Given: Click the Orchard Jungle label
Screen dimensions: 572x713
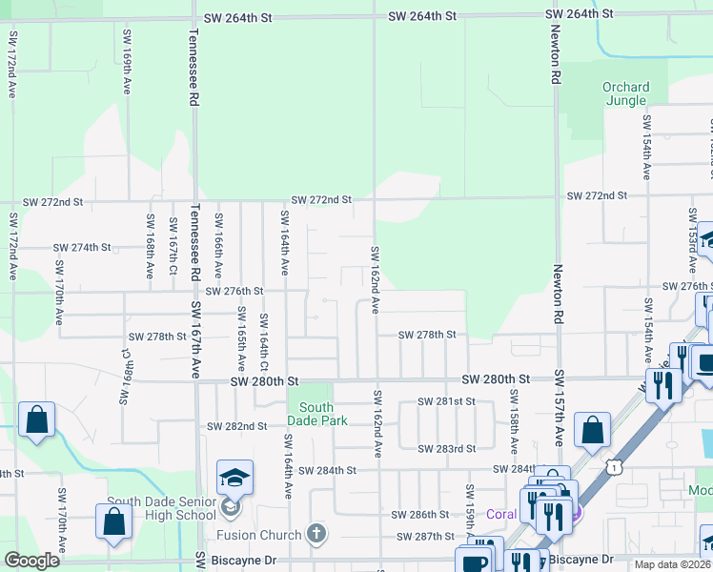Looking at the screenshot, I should click(625, 94).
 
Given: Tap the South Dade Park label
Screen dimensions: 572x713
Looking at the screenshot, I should click(310, 414).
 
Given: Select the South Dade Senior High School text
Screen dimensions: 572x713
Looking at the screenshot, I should click(161, 509).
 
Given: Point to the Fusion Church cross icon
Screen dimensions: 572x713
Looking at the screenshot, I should click(316, 535).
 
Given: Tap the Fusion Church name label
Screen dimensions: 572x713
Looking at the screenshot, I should click(258, 535).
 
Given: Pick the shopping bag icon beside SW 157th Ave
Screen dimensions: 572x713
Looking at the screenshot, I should click(592, 430).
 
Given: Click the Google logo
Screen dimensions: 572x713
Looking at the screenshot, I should click(31, 560).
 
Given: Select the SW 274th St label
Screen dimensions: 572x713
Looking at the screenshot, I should click(82, 247).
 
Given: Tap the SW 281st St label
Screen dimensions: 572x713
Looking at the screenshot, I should click(452, 401).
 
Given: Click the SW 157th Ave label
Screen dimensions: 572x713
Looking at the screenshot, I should click(559, 411).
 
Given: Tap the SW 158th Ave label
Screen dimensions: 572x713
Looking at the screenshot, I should click(514, 419).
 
